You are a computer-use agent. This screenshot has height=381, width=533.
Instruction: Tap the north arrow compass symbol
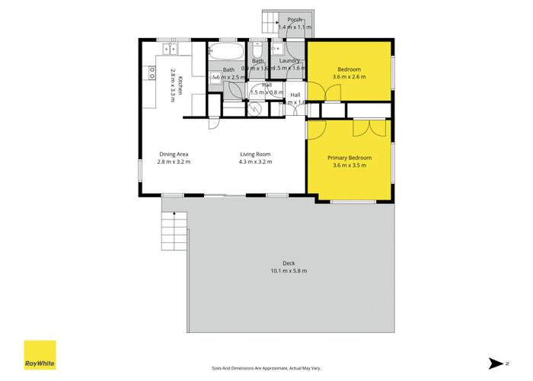(495, 363)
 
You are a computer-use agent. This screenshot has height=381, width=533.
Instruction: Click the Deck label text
(288, 264)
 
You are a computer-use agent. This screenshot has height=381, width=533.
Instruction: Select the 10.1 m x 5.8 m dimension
(288, 271)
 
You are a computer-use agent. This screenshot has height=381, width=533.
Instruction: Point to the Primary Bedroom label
(349, 158)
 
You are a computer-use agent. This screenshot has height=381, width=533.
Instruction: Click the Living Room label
(254, 154)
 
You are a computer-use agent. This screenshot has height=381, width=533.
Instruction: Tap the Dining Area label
(174, 154)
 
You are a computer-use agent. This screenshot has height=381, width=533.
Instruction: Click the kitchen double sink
(169, 50)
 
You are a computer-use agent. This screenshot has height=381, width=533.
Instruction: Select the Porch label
(295, 20)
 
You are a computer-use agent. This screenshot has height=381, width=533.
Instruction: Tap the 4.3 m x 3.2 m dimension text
(254, 162)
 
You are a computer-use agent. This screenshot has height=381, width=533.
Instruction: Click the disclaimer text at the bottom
(266, 369)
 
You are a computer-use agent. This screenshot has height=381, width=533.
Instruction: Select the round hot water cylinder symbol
(257, 109)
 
